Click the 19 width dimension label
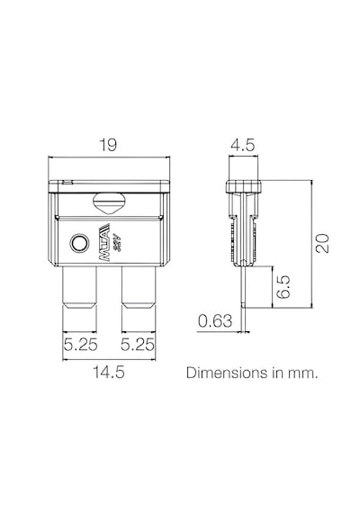pyautogui.click(x=108, y=145)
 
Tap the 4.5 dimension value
pyautogui.click(x=242, y=145)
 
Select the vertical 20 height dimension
pyautogui.click(x=322, y=243)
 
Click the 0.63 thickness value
pyautogui.click(x=215, y=321)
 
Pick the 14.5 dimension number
pyautogui.click(x=109, y=372)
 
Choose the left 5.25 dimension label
pyautogui.click(x=80, y=344)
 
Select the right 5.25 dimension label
pyautogui.click(x=137, y=344)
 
